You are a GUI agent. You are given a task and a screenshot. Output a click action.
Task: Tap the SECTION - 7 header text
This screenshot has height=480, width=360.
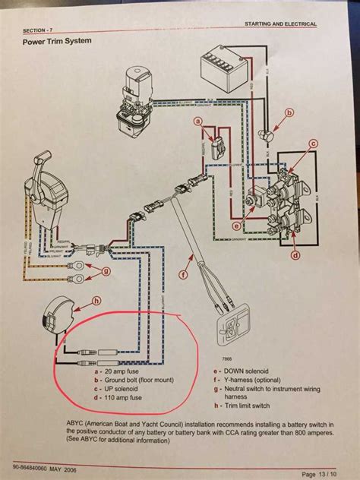point(39,30)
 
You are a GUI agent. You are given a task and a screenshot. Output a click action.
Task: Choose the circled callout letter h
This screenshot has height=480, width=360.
point(74,299)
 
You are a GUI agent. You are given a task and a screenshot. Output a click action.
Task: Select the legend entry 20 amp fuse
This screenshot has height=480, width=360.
point(113,372)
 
